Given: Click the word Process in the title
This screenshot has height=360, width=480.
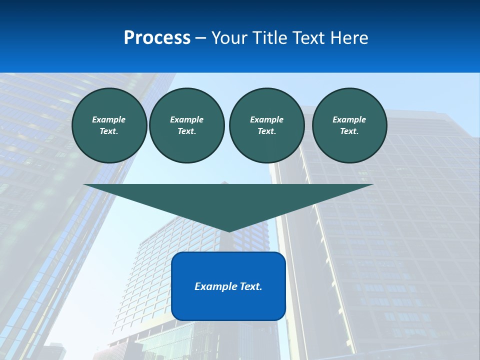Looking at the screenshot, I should point(157,38).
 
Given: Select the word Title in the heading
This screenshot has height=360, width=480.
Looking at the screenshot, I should point(270,38).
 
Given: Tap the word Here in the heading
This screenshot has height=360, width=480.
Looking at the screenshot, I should point(349,38).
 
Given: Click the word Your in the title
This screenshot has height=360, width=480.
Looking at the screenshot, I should point(229,38).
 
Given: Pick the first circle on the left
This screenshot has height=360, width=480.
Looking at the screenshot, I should point(109,125).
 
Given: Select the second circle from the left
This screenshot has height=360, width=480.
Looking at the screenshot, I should point(187,125).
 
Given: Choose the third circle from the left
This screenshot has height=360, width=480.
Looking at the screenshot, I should point(266,125).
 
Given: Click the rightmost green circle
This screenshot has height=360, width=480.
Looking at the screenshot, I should point(349,125).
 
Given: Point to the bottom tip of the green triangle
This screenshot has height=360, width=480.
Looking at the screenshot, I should point(229,231).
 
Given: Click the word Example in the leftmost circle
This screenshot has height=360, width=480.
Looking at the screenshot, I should point(109,119).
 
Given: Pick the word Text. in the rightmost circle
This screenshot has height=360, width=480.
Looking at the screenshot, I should point(349,131).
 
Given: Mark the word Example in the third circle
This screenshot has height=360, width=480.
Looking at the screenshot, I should point(266,119).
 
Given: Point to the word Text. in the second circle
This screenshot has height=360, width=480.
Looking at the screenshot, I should point(187,131).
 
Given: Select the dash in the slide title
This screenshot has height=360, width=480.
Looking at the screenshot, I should point(201,38).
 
